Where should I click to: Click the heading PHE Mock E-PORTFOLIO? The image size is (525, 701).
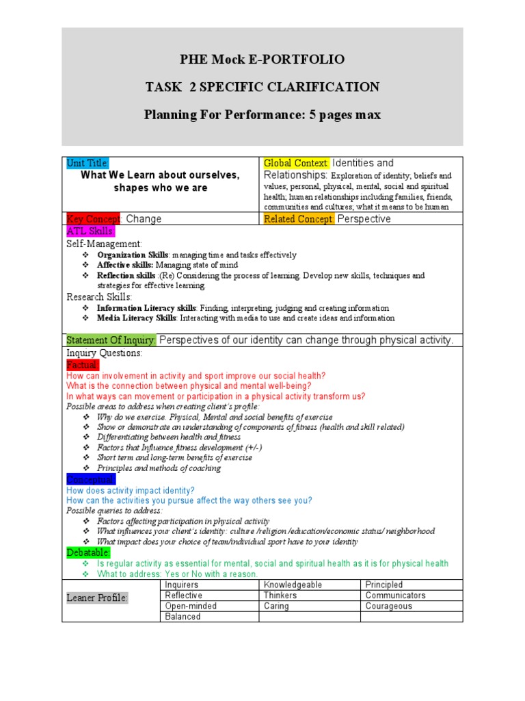pyautogui.click(x=262, y=60)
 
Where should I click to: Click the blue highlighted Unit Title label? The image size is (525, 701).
pyautogui.click(x=87, y=163)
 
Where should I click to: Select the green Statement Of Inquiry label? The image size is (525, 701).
pyautogui.click(x=111, y=340)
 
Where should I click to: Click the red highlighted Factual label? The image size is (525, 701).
pyautogui.click(x=83, y=366)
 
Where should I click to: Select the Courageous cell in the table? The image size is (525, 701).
pyautogui.click(x=390, y=606)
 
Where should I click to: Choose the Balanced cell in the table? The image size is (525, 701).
pyautogui.click(x=183, y=617)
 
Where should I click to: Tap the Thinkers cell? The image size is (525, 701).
pyautogui.click(x=280, y=596)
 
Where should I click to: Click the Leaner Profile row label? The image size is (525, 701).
pyautogui.click(x=97, y=598)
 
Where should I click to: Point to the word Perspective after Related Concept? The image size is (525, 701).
pyautogui.click(x=364, y=219)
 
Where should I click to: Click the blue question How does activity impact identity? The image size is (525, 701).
pyautogui.click(x=131, y=490)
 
